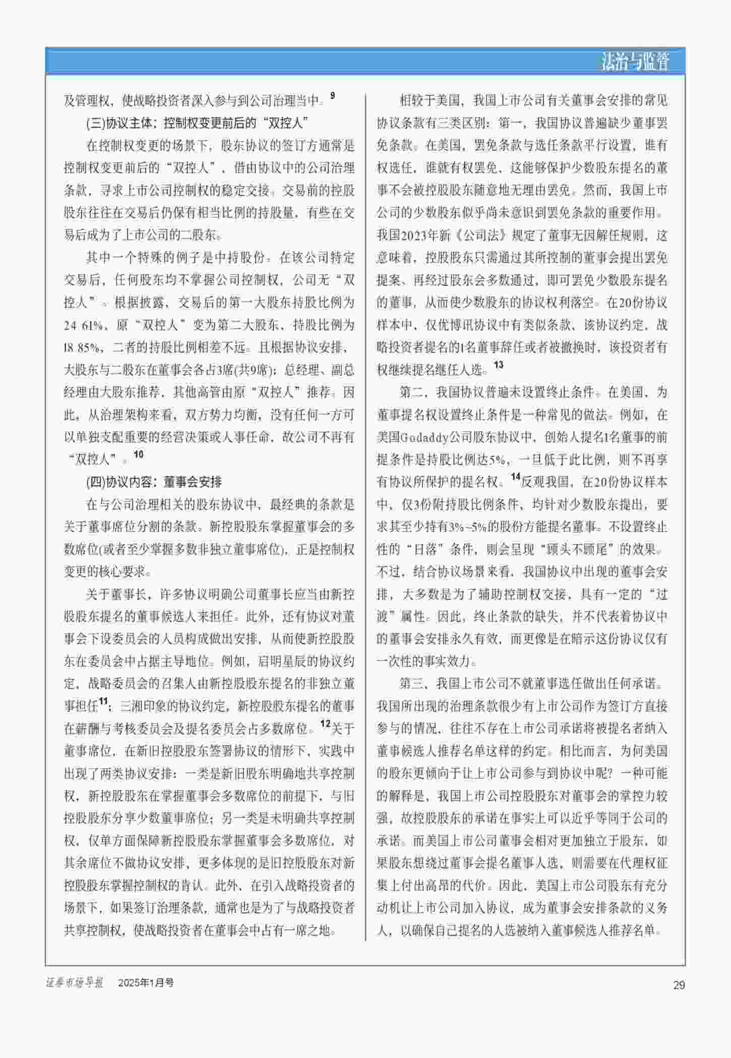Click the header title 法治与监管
[635, 62]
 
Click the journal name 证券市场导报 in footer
[75, 982]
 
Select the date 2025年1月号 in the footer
[146, 982]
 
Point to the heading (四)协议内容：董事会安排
[154, 482]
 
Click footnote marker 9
[332, 95]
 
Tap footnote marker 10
[138, 454]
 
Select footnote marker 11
[103, 701]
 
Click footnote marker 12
[325, 723]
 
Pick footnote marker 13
[498, 365]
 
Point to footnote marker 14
[515, 477]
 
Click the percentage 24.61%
[83, 325]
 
